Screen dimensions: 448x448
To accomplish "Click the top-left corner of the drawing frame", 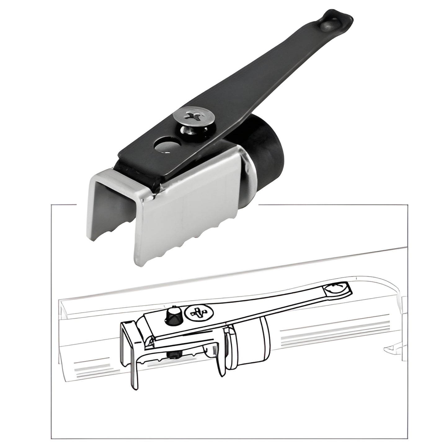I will pos(51,205).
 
